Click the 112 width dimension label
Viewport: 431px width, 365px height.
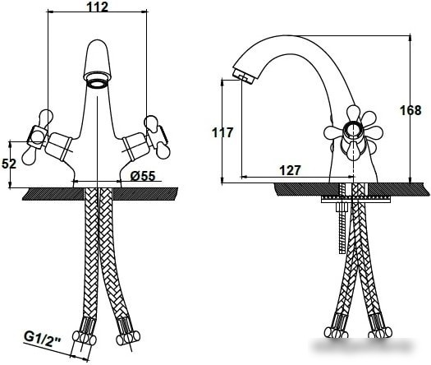(x=98, y=7)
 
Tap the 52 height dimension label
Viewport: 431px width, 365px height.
(x=9, y=164)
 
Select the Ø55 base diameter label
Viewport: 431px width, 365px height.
(x=143, y=176)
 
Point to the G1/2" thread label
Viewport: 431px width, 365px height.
(x=43, y=337)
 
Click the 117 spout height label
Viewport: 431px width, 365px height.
(x=222, y=132)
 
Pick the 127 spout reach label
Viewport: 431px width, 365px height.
(x=291, y=170)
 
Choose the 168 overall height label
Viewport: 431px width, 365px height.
(x=410, y=110)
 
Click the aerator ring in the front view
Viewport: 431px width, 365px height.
(x=98, y=83)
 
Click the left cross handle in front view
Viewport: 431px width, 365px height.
(x=38, y=137)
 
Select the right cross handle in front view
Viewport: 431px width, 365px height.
(x=156, y=137)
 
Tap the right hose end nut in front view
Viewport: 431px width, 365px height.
(x=128, y=337)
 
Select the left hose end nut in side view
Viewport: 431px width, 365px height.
(x=336, y=332)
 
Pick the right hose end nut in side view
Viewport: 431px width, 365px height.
(x=380, y=332)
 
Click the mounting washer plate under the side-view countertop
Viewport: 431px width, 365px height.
(x=355, y=200)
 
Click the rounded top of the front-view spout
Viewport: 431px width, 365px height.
(x=98, y=45)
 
